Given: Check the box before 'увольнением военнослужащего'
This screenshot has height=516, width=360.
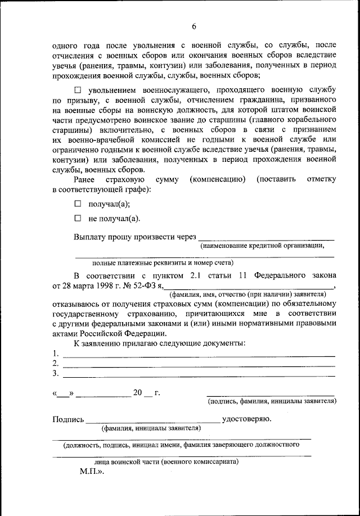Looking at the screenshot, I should (x=78, y=90).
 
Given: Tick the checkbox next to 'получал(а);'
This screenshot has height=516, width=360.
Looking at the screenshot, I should (x=78, y=203).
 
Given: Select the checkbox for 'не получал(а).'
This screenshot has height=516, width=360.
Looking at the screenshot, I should (x=78, y=218).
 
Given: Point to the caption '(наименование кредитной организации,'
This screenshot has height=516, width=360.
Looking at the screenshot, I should (x=262, y=245).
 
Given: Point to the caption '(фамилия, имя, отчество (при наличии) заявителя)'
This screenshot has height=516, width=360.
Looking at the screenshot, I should (x=247, y=294).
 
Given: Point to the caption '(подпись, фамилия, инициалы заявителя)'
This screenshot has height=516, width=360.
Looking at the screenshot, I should (x=272, y=401).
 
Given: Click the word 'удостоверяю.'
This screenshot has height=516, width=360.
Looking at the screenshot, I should (x=248, y=419).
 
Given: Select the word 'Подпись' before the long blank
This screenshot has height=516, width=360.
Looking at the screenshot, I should (x=68, y=419).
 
